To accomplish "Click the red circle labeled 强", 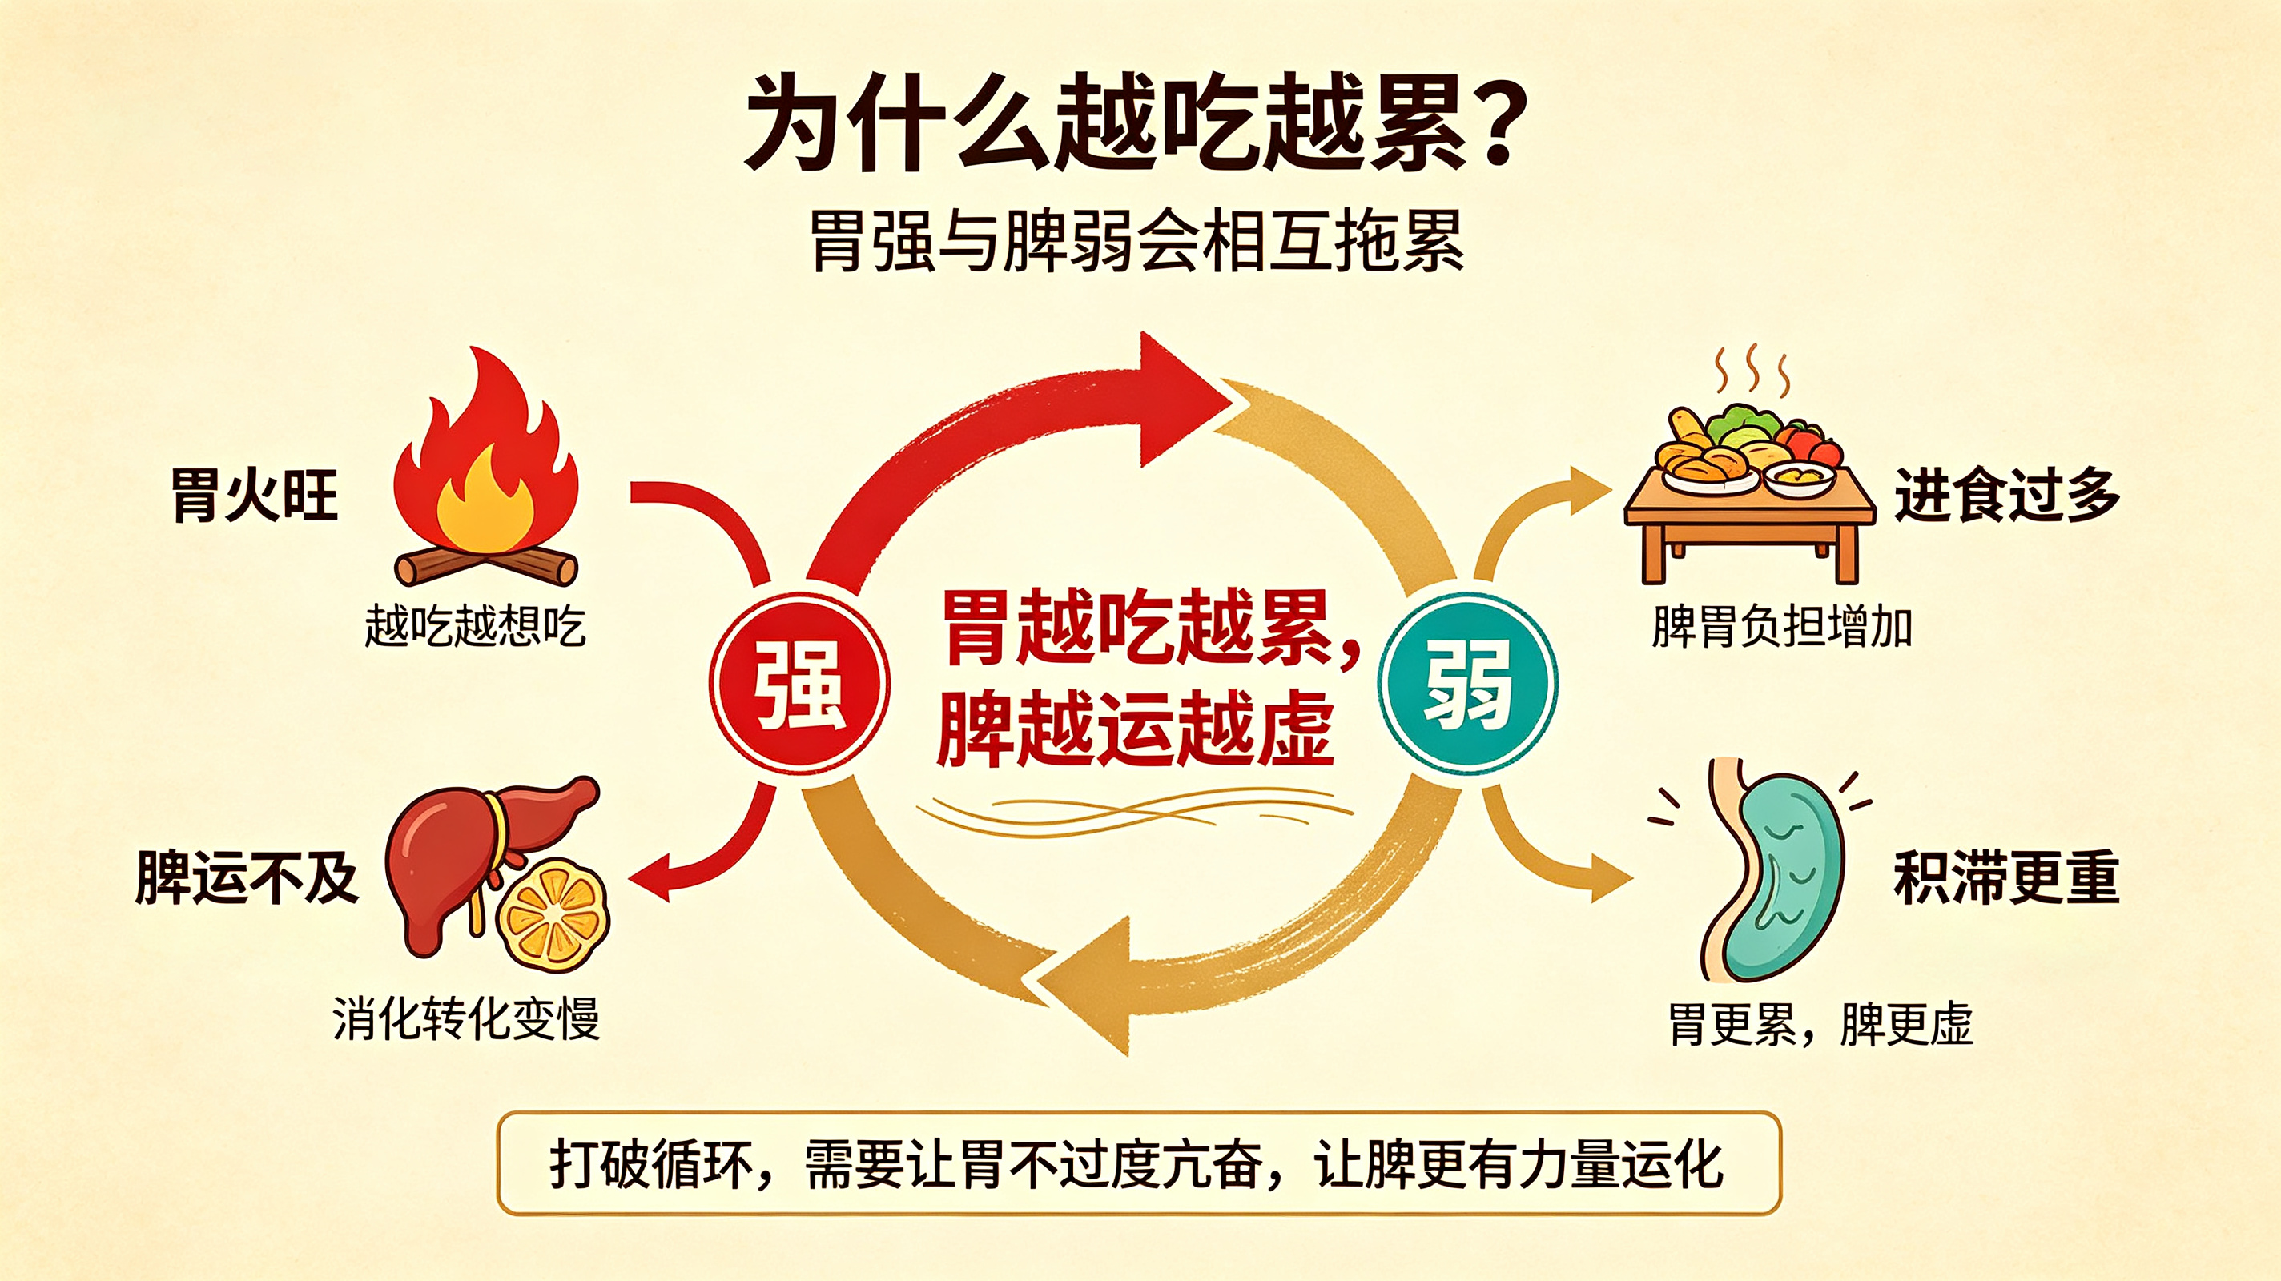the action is pyautogui.click(x=799, y=684).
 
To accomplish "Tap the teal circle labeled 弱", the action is pyautogui.click(x=1467, y=684).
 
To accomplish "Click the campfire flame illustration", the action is pyautogui.click(x=486, y=465).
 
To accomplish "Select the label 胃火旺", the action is pyautogui.click(x=254, y=495).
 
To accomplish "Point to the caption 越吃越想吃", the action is pyautogui.click(x=475, y=627).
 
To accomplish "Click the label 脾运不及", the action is pyautogui.click(x=247, y=877).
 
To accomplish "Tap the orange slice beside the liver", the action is pyautogui.click(x=553, y=916).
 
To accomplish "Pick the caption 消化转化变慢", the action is pyautogui.click(x=467, y=1019).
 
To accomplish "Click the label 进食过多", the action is pyautogui.click(x=2006, y=495).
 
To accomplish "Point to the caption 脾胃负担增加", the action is pyautogui.click(x=1781, y=627).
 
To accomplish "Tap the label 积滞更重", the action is pyautogui.click(x=2006, y=877).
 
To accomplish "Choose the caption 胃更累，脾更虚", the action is pyautogui.click(x=1820, y=1024).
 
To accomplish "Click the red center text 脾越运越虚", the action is pyautogui.click(x=1135, y=728).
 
